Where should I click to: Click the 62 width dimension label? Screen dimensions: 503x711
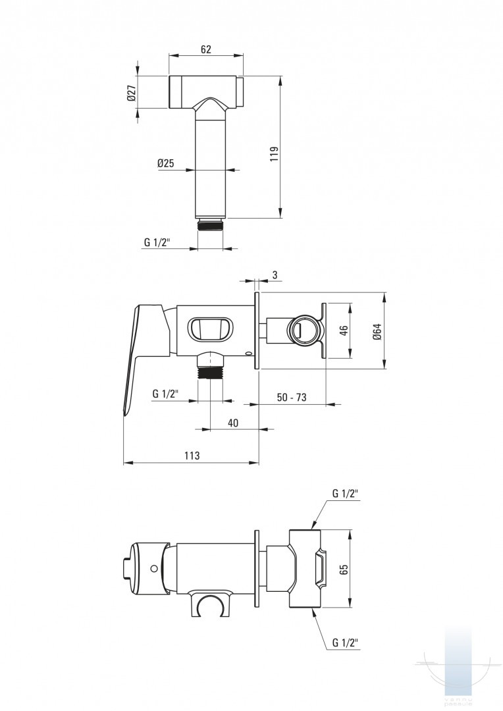(205, 49)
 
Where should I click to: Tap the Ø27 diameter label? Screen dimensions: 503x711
(132, 93)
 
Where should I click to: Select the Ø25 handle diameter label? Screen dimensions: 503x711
(165, 163)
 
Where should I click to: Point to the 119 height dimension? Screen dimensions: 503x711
(274, 153)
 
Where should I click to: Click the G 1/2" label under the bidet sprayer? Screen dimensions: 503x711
(157, 242)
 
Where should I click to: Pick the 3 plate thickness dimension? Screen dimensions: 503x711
(275, 275)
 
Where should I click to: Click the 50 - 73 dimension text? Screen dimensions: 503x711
(292, 397)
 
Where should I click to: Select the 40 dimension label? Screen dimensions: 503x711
(232, 423)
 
